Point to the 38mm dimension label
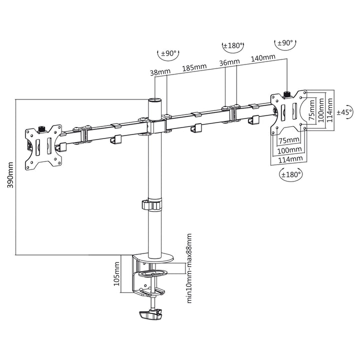tap(158, 71)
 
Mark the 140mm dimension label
tap(263, 58)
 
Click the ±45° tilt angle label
tap(344, 111)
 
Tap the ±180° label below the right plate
tap(290, 175)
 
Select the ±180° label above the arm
tap(233, 46)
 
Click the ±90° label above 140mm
tap(285, 43)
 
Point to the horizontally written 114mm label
tap(290, 159)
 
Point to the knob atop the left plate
tap(41, 128)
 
